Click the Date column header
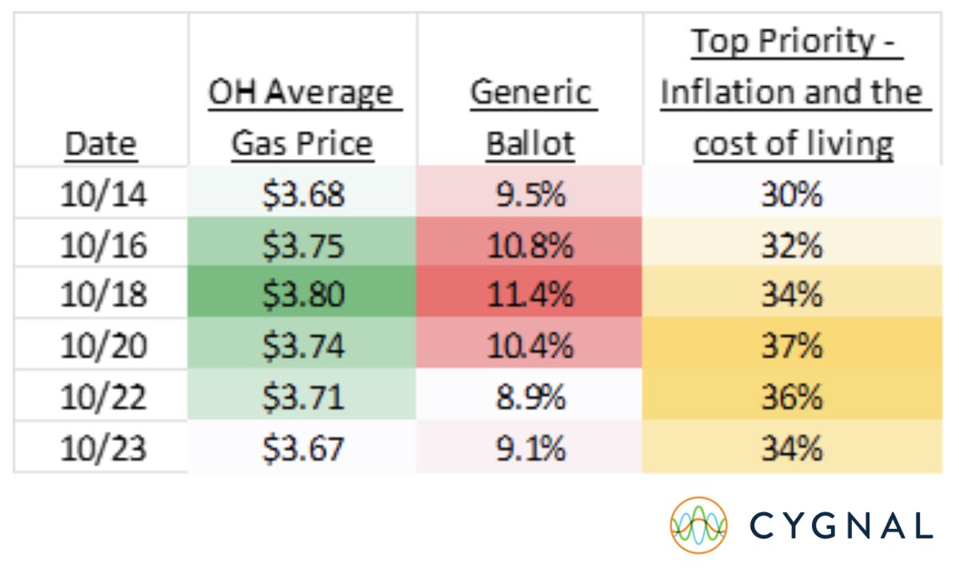point(101,145)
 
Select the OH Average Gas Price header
point(302,118)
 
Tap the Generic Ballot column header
point(531,118)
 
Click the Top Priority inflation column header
point(792,93)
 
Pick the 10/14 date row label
point(101,194)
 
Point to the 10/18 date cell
point(101,295)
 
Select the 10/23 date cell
point(101,448)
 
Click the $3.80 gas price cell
point(302,295)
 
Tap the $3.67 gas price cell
point(302,448)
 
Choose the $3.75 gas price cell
point(302,245)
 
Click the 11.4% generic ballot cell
point(531,295)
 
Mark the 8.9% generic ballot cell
point(531,397)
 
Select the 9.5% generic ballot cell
point(531,194)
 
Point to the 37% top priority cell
point(792,346)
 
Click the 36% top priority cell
point(792,397)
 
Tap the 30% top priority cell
point(792,194)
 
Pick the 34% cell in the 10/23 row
point(792,448)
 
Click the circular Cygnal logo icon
point(698,525)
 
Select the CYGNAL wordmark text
point(842,526)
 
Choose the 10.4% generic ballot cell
point(531,346)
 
